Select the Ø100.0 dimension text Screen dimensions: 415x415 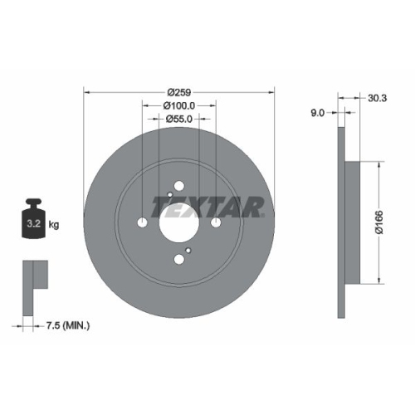(178, 105)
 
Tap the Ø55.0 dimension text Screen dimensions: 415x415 (178, 120)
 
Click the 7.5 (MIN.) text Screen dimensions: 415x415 (67, 326)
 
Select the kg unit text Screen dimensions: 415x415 (55, 224)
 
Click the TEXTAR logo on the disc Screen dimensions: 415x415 (207, 205)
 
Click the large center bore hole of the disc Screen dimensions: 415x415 (178, 222)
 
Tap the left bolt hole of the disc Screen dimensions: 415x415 (142, 222)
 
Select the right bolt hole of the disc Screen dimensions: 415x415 (215, 222)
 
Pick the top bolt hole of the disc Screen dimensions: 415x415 (178, 186)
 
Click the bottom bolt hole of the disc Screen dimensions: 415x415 (178, 259)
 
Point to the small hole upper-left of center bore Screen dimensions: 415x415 (168, 196)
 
